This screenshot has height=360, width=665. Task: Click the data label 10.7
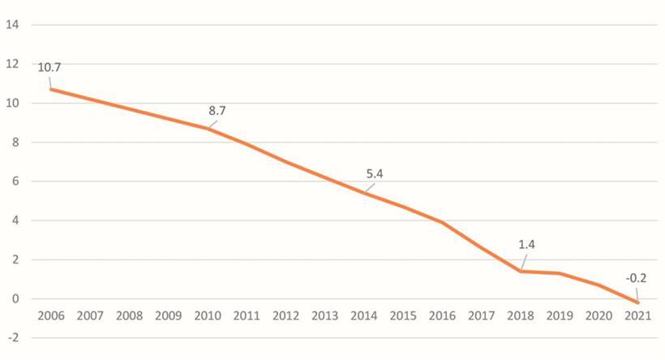tap(49, 67)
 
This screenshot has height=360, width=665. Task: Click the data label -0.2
tap(636, 278)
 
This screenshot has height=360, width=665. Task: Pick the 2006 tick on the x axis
tap(50, 315)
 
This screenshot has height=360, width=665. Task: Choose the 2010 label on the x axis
tap(208, 315)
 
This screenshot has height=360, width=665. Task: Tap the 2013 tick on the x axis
tap(326, 315)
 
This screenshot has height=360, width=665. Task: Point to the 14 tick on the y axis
tap(12, 25)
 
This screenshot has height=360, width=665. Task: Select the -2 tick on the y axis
tap(12, 338)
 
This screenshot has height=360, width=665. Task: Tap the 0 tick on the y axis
tap(15, 299)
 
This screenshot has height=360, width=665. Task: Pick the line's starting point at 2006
tap(50, 89)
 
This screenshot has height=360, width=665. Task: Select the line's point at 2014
tap(365, 193)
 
